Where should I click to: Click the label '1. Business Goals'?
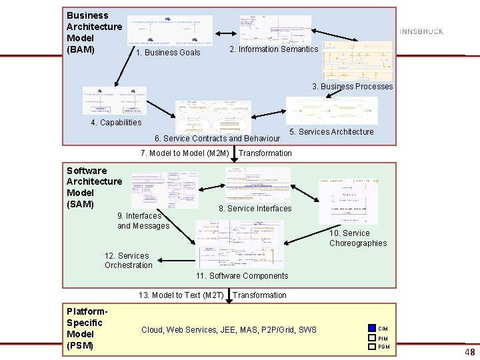167,53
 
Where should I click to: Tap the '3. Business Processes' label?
353,87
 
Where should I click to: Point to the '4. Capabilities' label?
116,123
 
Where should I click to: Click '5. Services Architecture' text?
331,132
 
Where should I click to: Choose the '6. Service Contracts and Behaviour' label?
217,139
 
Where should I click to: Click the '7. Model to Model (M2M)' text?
185,153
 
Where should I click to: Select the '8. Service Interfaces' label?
255,209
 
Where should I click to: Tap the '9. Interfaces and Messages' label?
143,221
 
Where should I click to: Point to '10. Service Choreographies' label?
357,238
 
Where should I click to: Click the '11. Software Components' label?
242,276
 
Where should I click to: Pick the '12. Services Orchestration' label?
128,261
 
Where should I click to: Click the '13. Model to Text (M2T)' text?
181,295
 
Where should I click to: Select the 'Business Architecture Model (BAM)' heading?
94,32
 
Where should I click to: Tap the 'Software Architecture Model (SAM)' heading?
94,187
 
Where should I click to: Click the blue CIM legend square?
372,328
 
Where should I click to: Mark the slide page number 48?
470,351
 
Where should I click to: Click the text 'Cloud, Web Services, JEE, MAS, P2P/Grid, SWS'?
229,330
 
